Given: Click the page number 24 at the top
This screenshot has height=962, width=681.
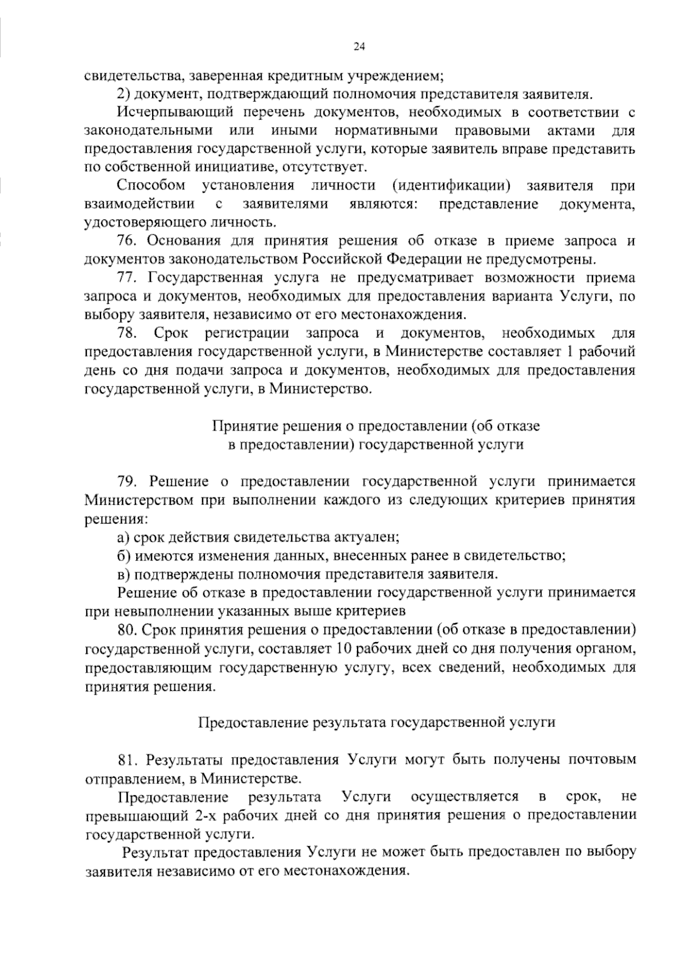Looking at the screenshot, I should pyautogui.click(x=359, y=48).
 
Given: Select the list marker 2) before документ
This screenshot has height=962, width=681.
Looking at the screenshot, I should pyautogui.click(x=125, y=94).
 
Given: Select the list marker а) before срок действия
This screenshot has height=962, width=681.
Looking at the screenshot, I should pyautogui.click(x=124, y=536).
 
